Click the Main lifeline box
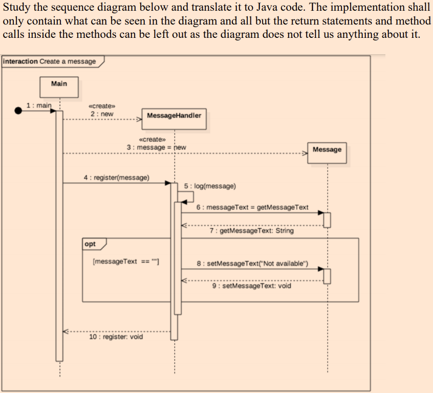(59, 86)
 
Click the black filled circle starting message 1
(19, 111)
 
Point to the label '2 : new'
(102, 114)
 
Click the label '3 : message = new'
(156, 147)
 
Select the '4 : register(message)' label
(116, 178)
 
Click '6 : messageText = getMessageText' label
(253, 207)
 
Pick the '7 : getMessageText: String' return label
(252, 231)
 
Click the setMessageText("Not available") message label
(253, 264)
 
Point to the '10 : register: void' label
(116, 337)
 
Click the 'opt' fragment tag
(90, 244)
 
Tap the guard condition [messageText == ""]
(126, 261)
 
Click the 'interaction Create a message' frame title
(50, 61)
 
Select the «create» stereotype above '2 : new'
(101, 105)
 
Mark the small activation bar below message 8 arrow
(327, 275)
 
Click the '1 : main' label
(39, 105)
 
